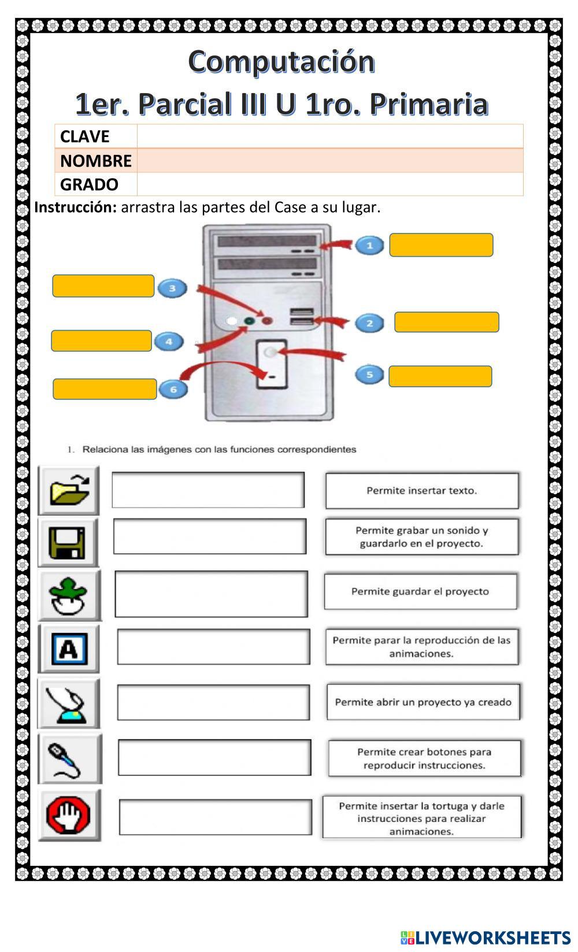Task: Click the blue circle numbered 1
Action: point(370,245)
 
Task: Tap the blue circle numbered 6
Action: point(173,389)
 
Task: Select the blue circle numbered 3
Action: point(172,288)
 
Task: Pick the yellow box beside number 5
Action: point(440,376)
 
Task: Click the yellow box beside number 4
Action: point(102,341)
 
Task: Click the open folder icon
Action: point(69,490)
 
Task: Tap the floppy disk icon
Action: point(68,543)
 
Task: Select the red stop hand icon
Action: point(69,815)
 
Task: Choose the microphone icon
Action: point(69,759)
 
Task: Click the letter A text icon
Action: point(69,649)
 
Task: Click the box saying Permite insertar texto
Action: point(422,491)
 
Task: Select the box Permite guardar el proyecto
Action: point(420,591)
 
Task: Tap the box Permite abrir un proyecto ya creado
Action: point(423,702)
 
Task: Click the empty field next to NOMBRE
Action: point(329,161)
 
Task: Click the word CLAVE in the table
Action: point(85,136)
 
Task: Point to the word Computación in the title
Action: point(281,61)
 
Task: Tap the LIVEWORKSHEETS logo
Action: point(485,937)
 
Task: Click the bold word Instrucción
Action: point(76,207)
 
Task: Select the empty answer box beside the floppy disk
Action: point(209,536)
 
